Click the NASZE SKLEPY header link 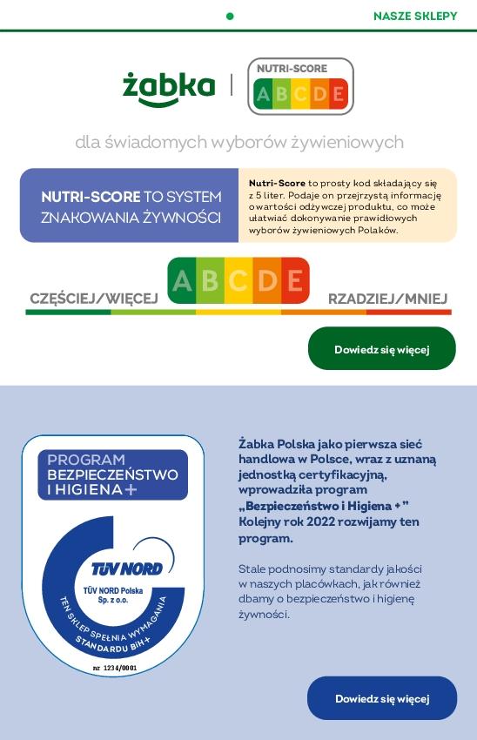(x=414, y=16)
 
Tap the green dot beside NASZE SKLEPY (x=230, y=16)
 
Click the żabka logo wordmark (x=169, y=87)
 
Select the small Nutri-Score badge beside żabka (x=300, y=86)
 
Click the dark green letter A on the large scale (x=182, y=280)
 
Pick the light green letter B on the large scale (x=210, y=280)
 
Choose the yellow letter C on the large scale (x=238, y=280)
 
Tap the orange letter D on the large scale (x=266, y=280)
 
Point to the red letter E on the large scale (x=294, y=280)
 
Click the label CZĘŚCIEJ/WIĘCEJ (x=94, y=299)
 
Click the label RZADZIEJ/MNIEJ (x=387, y=299)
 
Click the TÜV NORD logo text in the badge (x=127, y=568)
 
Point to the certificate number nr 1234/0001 (x=115, y=668)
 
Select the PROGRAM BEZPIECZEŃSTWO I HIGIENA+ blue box (x=112, y=474)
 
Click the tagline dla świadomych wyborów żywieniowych (x=238, y=141)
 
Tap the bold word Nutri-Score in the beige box (x=277, y=183)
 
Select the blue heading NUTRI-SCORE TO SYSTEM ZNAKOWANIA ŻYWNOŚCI (x=131, y=206)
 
